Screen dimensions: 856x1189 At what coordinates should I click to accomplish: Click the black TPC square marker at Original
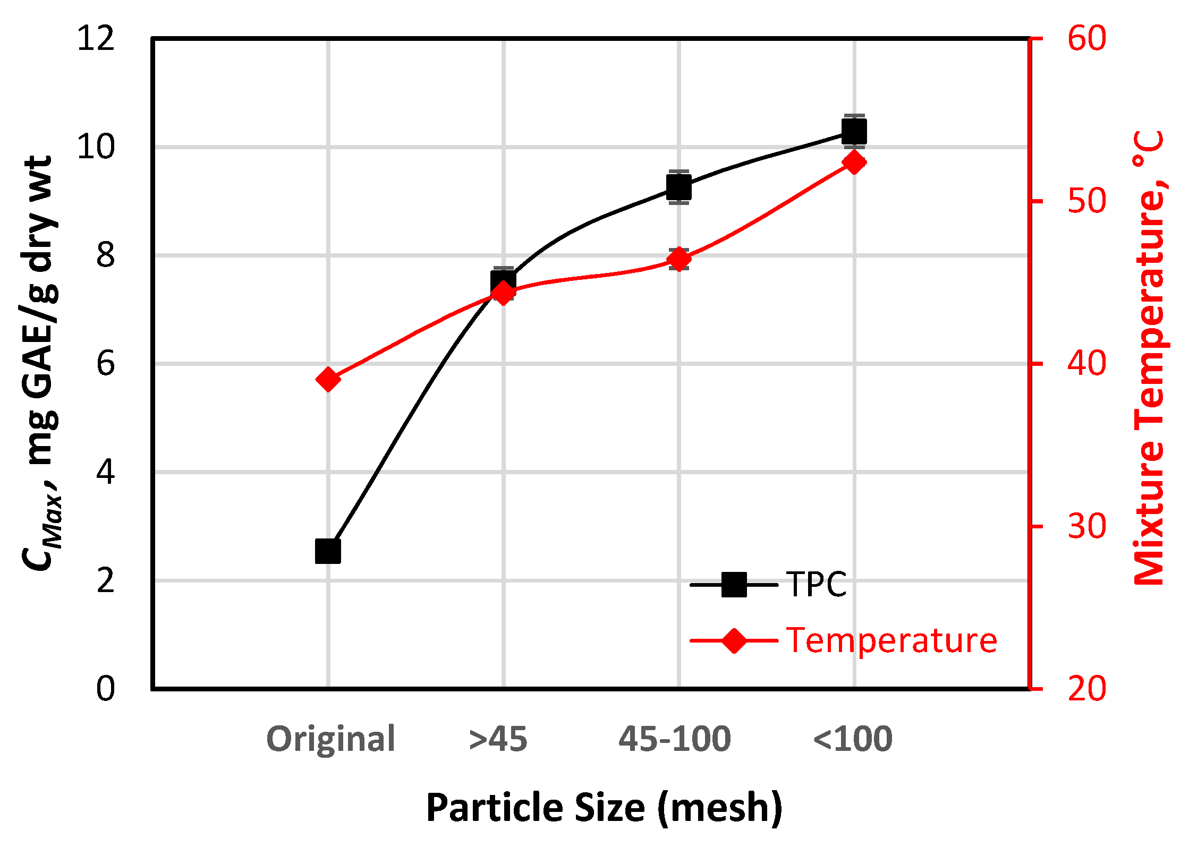tap(328, 551)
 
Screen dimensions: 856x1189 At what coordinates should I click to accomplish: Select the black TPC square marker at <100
tap(854, 131)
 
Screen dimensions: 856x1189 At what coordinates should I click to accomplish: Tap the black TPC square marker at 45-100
tap(679, 187)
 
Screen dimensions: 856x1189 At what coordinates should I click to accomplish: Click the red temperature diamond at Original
tap(328, 379)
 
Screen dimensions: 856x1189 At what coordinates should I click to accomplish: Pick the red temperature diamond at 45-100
tap(679, 260)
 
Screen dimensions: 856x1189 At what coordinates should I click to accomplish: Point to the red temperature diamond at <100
tap(854, 162)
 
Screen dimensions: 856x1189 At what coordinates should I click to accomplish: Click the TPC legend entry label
tap(816, 585)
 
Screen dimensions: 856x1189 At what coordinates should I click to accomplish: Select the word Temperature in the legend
tap(891, 640)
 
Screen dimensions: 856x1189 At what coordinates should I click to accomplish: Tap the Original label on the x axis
tap(330, 739)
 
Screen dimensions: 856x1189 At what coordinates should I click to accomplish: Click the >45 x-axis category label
tap(498, 739)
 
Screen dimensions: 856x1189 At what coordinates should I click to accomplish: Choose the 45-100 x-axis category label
tap(675, 739)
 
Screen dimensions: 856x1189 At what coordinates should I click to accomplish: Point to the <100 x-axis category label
tap(853, 739)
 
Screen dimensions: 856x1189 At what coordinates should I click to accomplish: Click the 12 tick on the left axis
tap(96, 38)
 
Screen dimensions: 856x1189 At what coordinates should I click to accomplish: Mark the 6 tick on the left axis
tap(105, 364)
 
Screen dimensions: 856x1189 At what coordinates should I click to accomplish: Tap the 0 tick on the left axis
tap(105, 689)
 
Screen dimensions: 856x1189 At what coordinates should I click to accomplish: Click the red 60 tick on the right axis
tap(1087, 38)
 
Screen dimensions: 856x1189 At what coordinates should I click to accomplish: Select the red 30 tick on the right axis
tap(1087, 526)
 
